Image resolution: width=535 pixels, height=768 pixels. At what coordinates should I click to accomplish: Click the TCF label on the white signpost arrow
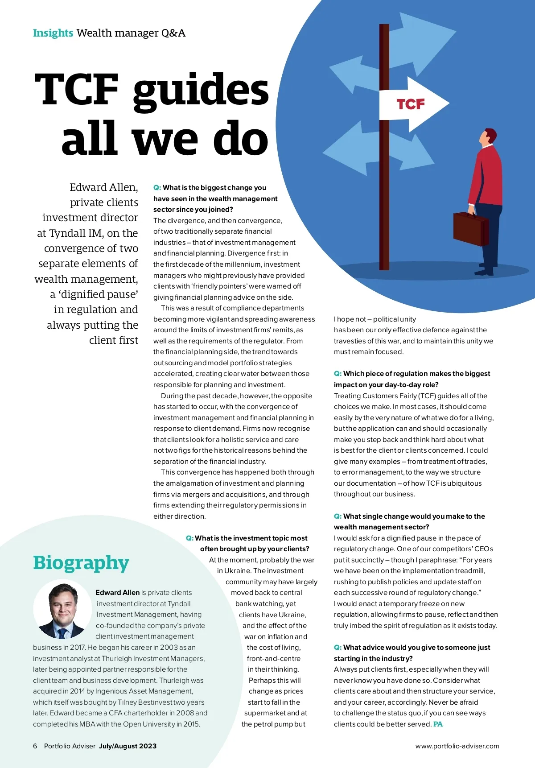tap(411, 104)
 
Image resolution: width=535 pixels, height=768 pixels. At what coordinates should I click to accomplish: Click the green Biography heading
tap(81, 562)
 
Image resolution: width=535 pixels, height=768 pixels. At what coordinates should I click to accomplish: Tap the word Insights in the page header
tap(53, 33)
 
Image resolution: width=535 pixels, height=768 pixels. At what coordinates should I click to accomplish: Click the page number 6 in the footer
tap(35, 746)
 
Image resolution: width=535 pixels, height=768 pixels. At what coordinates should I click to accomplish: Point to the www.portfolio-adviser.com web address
tap(457, 746)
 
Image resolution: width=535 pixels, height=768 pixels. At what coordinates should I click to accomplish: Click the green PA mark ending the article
tap(438, 724)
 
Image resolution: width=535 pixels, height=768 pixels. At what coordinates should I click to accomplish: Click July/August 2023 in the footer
tap(128, 746)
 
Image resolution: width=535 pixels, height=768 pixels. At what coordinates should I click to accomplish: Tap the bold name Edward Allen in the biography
tap(117, 592)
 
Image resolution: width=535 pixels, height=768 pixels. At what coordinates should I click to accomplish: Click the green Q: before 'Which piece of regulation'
tap(337, 374)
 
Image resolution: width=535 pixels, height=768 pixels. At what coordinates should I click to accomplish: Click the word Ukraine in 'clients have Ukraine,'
tap(292, 615)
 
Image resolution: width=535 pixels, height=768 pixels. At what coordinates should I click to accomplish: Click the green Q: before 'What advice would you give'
tap(337, 648)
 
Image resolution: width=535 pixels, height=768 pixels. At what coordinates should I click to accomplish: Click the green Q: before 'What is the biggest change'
tap(157, 188)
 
